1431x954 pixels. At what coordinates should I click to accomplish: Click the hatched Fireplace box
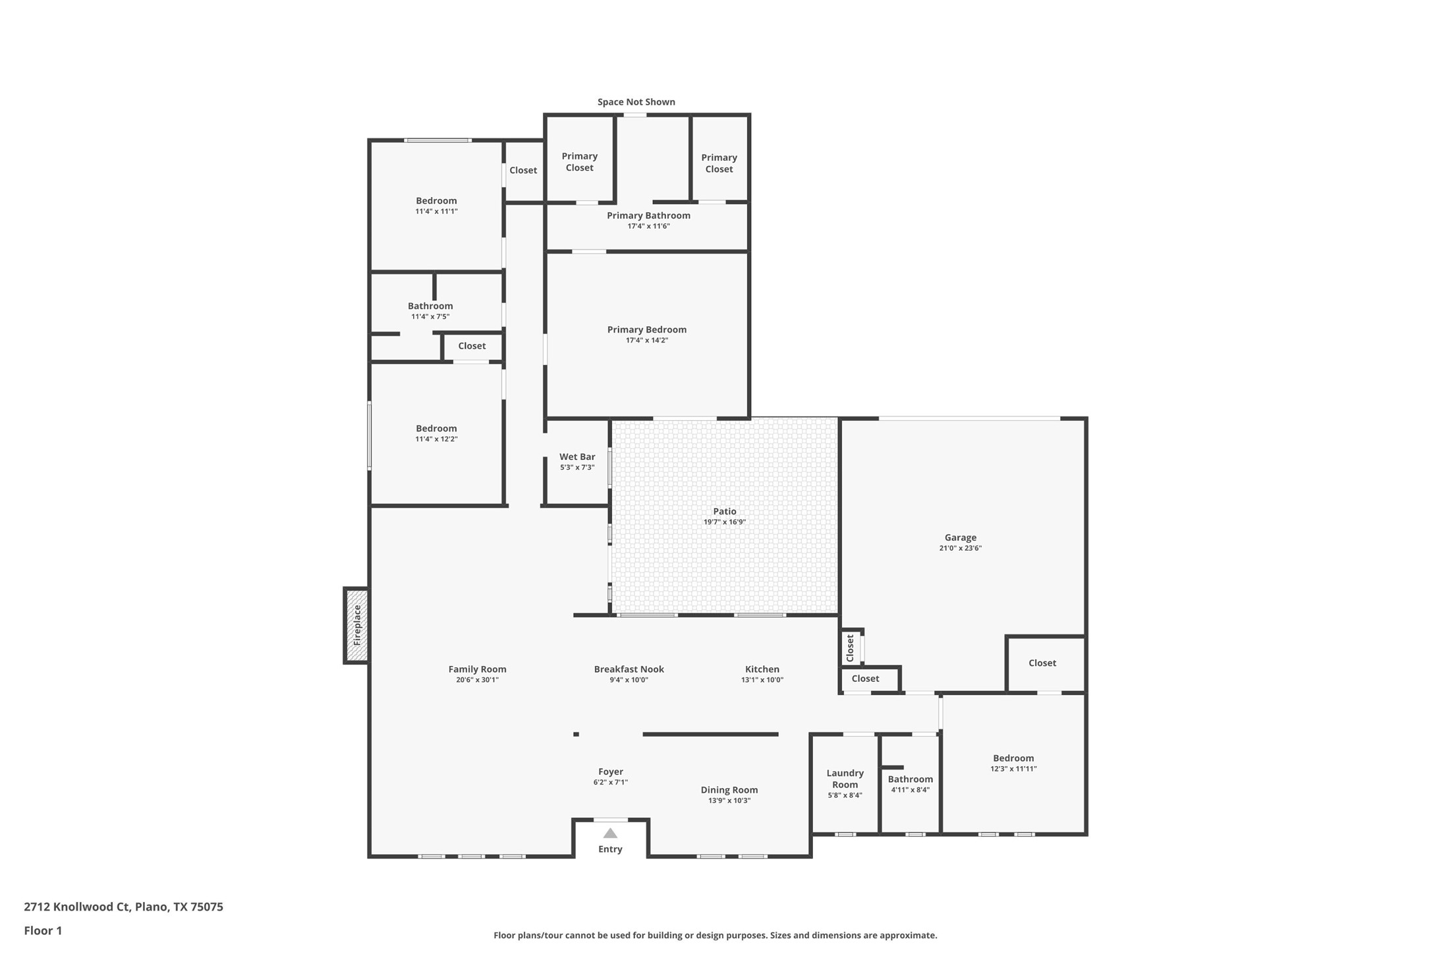coord(356,625)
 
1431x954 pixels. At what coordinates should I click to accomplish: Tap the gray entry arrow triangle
coord(610,833)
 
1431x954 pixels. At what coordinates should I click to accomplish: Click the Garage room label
coord(960,538)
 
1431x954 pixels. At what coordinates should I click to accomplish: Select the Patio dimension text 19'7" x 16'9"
coord(724,522)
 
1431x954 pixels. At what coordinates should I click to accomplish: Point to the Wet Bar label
coord(577,457)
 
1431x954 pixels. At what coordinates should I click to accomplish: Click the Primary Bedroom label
coord(646,329)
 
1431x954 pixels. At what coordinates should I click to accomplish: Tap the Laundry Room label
coord(845,779)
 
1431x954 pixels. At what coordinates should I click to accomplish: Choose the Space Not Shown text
coord(636,102)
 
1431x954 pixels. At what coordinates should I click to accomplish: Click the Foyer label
coord(610,772)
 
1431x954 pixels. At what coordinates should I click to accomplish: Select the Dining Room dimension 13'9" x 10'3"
coord(729,801)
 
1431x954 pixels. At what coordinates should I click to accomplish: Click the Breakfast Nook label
coord(629,669)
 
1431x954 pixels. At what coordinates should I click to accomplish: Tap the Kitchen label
coord(762,669)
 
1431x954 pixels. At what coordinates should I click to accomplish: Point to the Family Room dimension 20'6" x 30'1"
coord(477,680)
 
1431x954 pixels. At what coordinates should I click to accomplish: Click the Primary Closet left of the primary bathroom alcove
coord(579,162)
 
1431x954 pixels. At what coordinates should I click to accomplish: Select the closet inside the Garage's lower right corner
coord(1042,663)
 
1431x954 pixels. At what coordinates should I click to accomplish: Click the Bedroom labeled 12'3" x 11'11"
coord(1013,758)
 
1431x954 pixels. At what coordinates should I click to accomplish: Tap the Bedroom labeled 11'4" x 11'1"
coord(435,201)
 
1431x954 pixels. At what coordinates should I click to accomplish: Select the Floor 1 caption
coord(43,931)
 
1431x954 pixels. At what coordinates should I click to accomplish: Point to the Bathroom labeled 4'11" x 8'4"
coord(910,779)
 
